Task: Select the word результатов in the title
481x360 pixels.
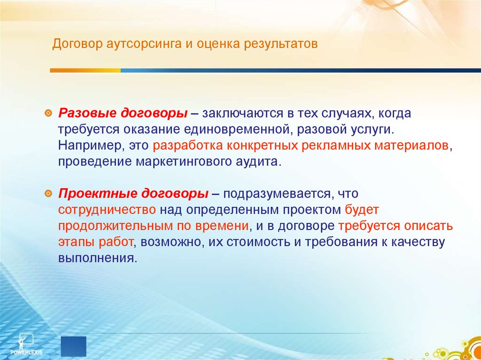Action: (x=281, y=45)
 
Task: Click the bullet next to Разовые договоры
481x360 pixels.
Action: (x=48, y=114)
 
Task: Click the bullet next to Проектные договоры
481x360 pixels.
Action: (x=48, y=194)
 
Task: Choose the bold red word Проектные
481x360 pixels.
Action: (x=97, y=194)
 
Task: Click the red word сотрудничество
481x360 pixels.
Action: (x=107, y=210)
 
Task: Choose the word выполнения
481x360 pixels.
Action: (x=97, y=258)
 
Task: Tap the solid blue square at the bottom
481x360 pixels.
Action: (x=74, y=346)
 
